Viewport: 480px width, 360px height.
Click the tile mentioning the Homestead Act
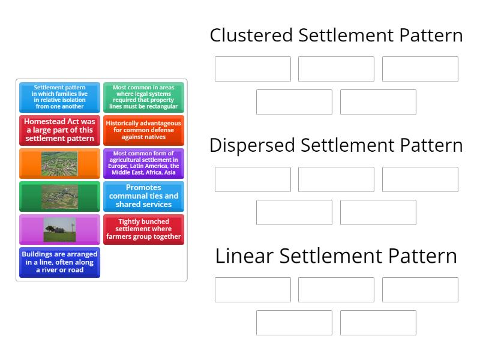59,130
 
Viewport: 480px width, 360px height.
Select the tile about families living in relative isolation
59,97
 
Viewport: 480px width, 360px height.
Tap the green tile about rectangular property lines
143,97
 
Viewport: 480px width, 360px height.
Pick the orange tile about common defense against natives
143,130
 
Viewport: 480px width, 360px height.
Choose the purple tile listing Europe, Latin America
143,163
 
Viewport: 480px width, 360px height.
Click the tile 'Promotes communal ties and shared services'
143,196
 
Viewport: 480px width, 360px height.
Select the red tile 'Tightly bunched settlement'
143,229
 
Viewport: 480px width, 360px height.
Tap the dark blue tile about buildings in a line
59,262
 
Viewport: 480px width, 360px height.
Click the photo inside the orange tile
59,163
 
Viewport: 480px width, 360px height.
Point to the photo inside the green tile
59,196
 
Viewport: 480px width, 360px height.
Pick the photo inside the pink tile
59,229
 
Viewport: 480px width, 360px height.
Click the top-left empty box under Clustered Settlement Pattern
253,69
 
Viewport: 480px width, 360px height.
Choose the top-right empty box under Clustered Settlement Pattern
420,69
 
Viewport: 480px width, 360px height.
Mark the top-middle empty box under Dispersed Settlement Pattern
336,179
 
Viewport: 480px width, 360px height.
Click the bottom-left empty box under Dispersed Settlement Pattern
294,212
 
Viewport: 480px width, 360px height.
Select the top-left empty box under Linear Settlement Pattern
253,290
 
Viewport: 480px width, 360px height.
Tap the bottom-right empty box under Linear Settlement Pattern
378,323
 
